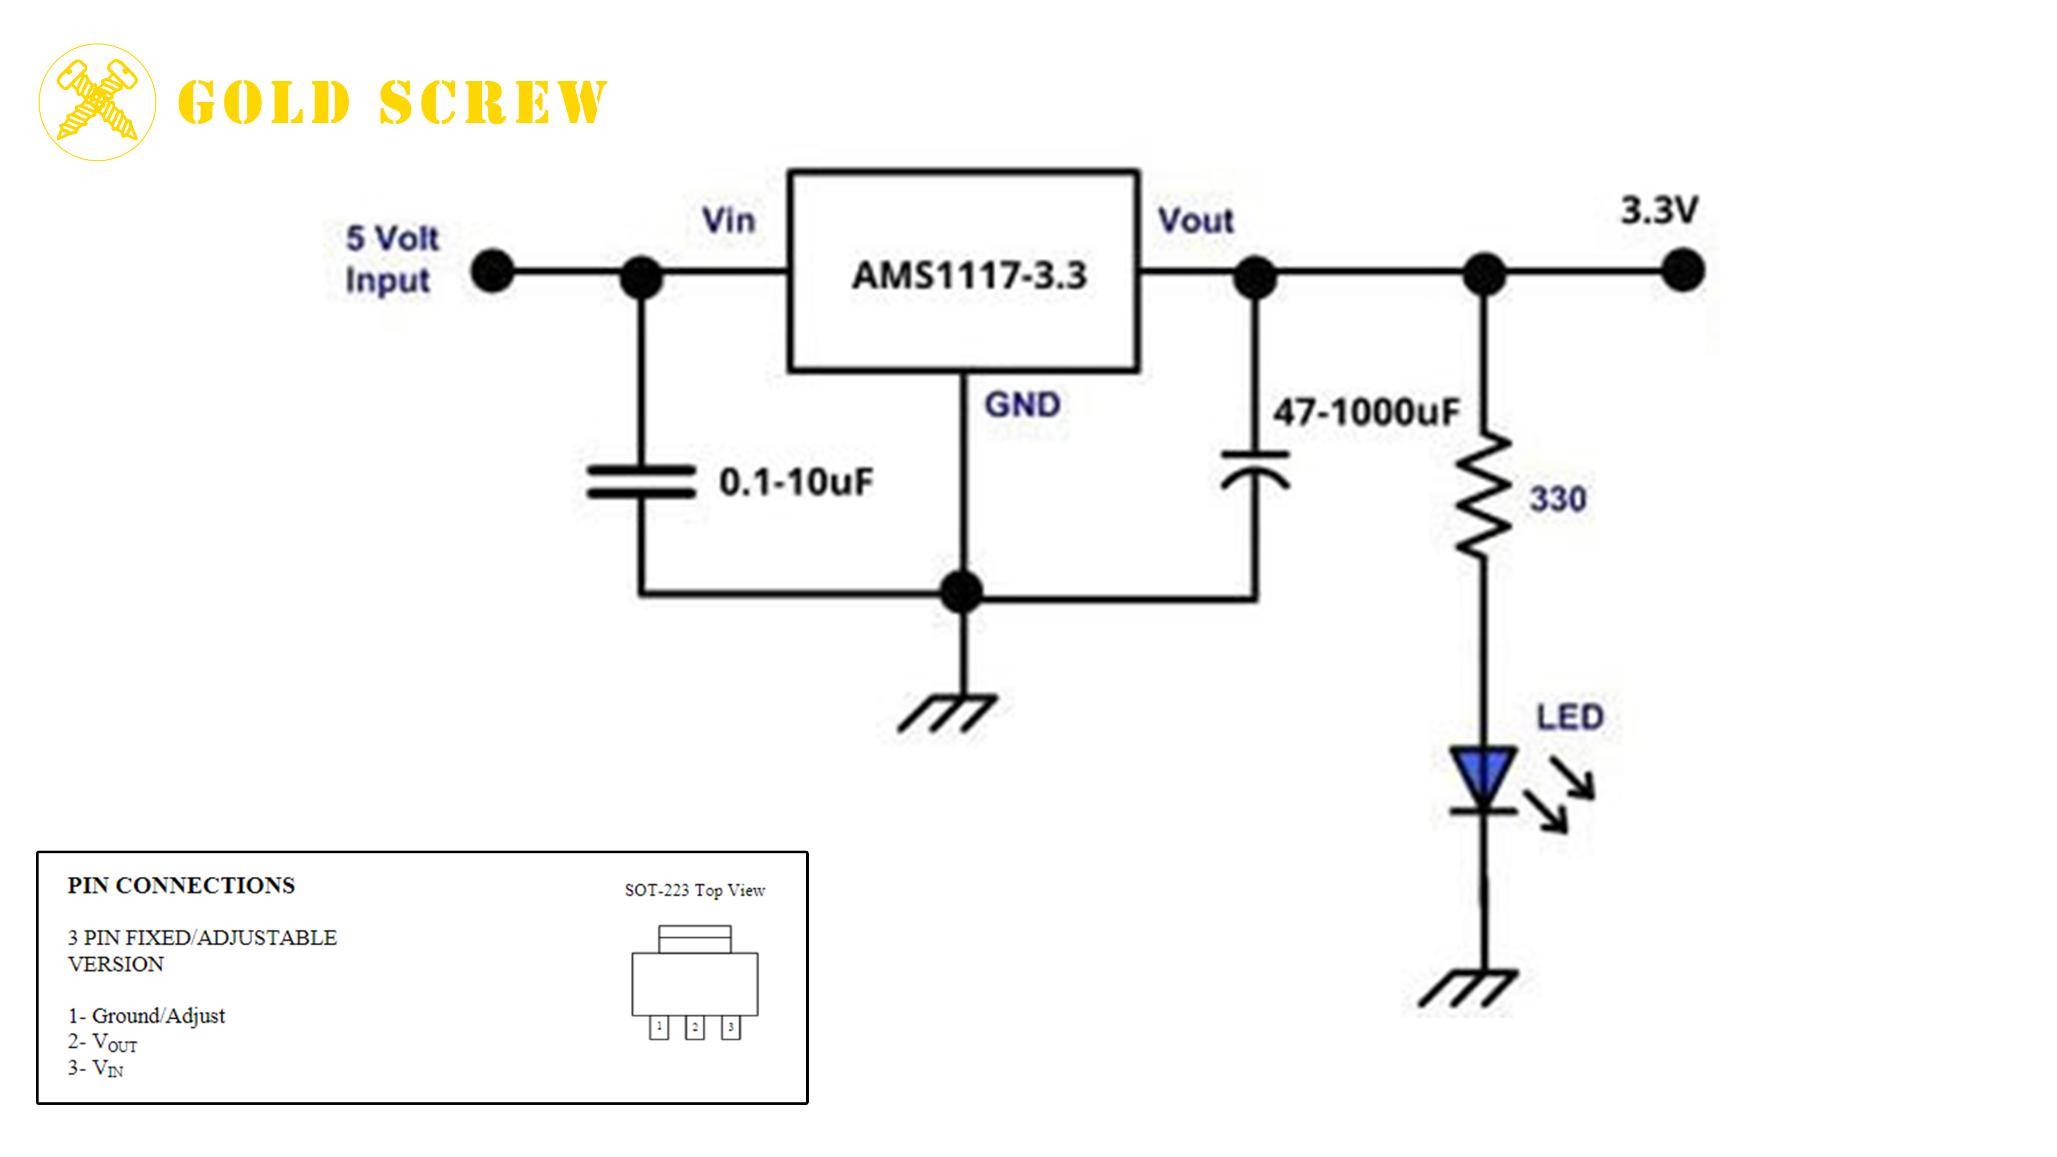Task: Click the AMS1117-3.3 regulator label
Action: click(969, 275)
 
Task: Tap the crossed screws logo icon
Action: click(97, 102)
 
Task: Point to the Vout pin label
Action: click(1196, 221)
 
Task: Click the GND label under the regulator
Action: click(1022, 405)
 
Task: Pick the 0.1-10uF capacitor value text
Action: click(795, 482)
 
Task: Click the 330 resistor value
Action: click(1557, 499)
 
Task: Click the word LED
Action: click(1570, 717)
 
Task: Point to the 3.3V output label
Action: click(1658, 211)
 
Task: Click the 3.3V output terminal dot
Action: click(1683, 271)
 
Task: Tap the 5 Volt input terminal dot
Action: click(493, 271)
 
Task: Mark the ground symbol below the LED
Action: click(1468, 988)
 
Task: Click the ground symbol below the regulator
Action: click(947, 712)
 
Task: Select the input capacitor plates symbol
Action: click(641, 482)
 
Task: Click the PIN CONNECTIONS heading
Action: click(181, 885)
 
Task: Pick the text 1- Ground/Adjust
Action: click(146, 1016)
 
